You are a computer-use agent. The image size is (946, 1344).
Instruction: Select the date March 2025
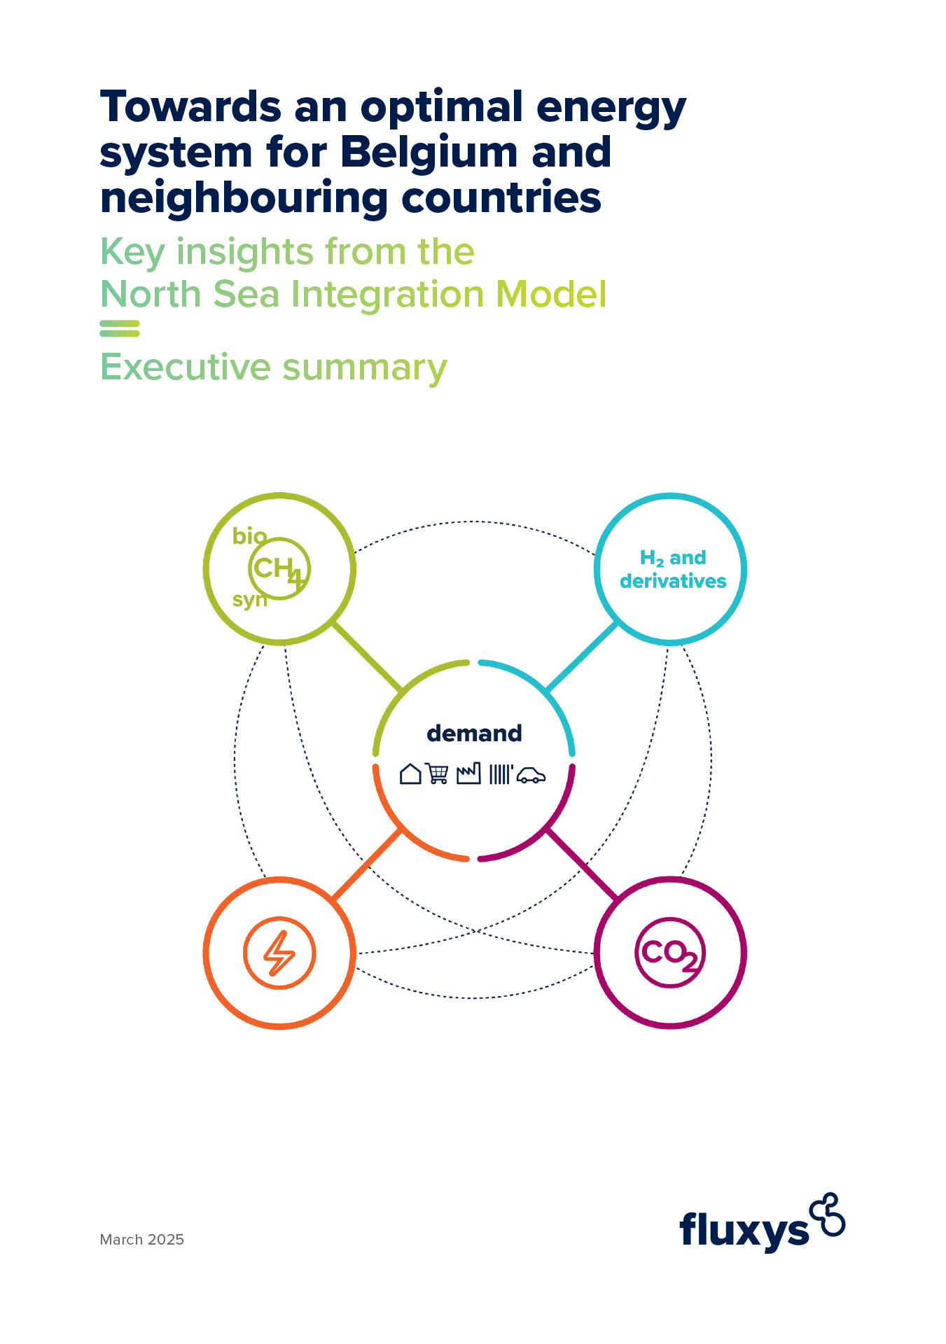(x=142, y=1239)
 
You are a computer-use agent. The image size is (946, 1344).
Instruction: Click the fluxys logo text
(x=744, y=1230)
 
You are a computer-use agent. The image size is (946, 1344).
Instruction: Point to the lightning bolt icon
(x=279, y=953)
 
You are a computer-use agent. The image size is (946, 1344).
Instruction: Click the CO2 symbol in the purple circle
(x=670, y=953)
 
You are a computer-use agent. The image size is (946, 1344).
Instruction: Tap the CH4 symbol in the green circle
(x=279, y=569)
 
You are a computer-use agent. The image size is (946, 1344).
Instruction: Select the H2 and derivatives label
(x=672, y=569)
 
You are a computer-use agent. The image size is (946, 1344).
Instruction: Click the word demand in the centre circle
(x=474, y=734)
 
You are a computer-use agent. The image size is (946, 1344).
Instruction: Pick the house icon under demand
(x=410, y=773)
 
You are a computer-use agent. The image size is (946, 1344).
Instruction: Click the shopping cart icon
(x=437, y=773)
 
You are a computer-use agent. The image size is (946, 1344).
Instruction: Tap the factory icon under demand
(x=468, y=773)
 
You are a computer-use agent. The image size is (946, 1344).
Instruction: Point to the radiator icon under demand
(x=500, y=774)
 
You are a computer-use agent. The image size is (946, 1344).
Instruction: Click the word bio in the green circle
(x=249, y=536)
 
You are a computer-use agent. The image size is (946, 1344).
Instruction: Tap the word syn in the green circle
(x=249, y=600)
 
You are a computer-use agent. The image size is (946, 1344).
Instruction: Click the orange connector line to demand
(x=366, y=864)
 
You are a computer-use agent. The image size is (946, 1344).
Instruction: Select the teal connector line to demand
(x=582, y=657)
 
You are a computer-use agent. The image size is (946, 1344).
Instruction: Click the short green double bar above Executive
(x=120, y=328)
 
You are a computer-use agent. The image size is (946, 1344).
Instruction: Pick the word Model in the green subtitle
(x=551, y=294)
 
